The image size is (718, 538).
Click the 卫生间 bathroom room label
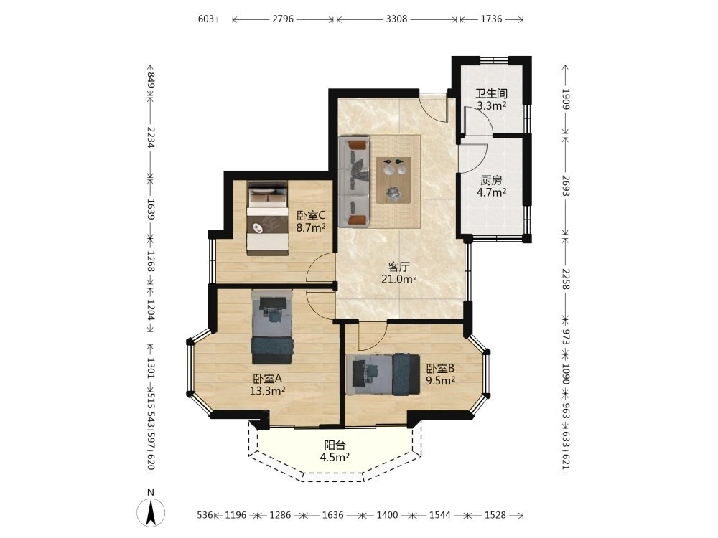(x=491, y=94)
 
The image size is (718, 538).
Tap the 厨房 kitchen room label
(x=491, y=180)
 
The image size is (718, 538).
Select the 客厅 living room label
(x=398, y=267)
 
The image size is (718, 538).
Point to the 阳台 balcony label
(x=335, y=445)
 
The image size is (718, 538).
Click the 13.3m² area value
(x=268, y=391)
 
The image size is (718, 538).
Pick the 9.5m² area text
(x=441, y=380)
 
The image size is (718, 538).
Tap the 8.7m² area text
(x=311, y=227)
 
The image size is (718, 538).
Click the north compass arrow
(x=151, y=512)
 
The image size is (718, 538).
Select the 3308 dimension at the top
(x=396, y=19)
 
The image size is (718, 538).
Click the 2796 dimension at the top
(x=283, y=19)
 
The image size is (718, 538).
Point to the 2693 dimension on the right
(x=566, y=186)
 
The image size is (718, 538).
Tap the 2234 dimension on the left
(x=151, y=137)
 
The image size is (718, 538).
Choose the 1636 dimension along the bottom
(x=333, y=515)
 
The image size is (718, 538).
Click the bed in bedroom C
(x=267, y=218)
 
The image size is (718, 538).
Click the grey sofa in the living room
(x=354, y=181)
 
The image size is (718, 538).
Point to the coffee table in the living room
(x=393, y=180)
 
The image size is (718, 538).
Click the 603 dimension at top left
(x=206, y=19)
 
